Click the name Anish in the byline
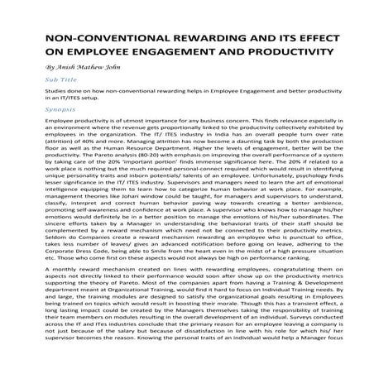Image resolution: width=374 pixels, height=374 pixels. coord(68,69)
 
